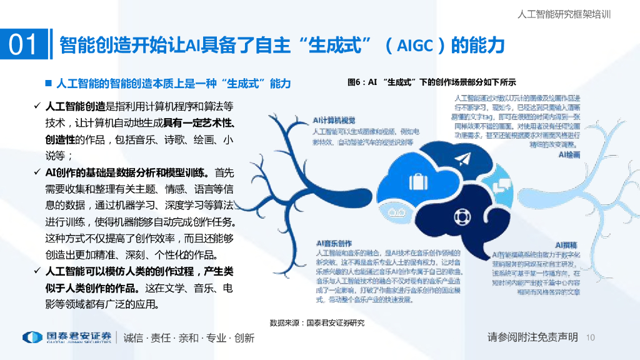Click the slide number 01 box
24,45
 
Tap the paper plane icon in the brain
462,159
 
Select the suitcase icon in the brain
416,182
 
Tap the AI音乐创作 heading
334,243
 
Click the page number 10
591,338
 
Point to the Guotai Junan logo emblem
32,337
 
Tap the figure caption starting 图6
432,82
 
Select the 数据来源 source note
317,323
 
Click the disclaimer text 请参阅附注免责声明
532,337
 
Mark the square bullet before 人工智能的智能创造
47,83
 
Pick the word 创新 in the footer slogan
244,338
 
